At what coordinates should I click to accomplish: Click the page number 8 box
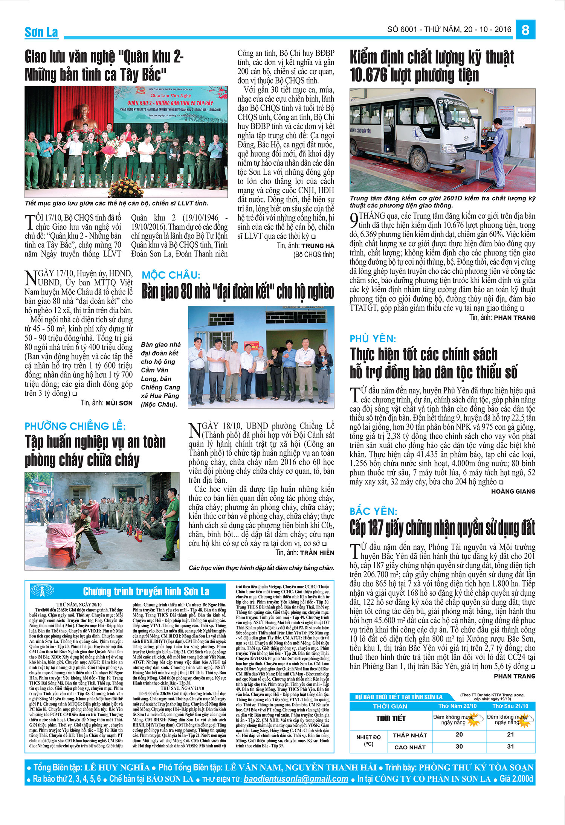[x=525, y=30]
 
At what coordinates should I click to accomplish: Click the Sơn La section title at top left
[x=41, y=32]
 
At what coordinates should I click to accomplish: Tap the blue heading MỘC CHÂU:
[x=171, y=275]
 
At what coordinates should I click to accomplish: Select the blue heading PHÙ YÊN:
[x=373, y=339]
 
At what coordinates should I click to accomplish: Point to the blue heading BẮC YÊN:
[x=373, y=511]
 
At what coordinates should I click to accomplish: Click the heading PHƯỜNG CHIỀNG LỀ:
[x=75, y=426]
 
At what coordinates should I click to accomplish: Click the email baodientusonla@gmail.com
[x=296, y=779]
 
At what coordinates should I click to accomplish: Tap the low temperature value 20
[x=459, y=734]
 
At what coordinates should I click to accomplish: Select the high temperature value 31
[x=510, y=746]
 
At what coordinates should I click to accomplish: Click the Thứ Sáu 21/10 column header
[x=510, y=706]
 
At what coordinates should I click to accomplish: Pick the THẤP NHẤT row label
[x=410, y=735]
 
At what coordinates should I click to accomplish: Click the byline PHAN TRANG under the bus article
[x=514, y=318]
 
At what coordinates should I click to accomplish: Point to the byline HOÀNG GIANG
[x=513, y=491]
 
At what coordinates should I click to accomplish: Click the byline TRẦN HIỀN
[x=317, y=553]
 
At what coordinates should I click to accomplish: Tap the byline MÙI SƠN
[x=119, y=403]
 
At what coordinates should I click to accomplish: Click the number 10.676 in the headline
[x=368, y=75]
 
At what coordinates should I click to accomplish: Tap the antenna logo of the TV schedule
[x=42, y=590]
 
